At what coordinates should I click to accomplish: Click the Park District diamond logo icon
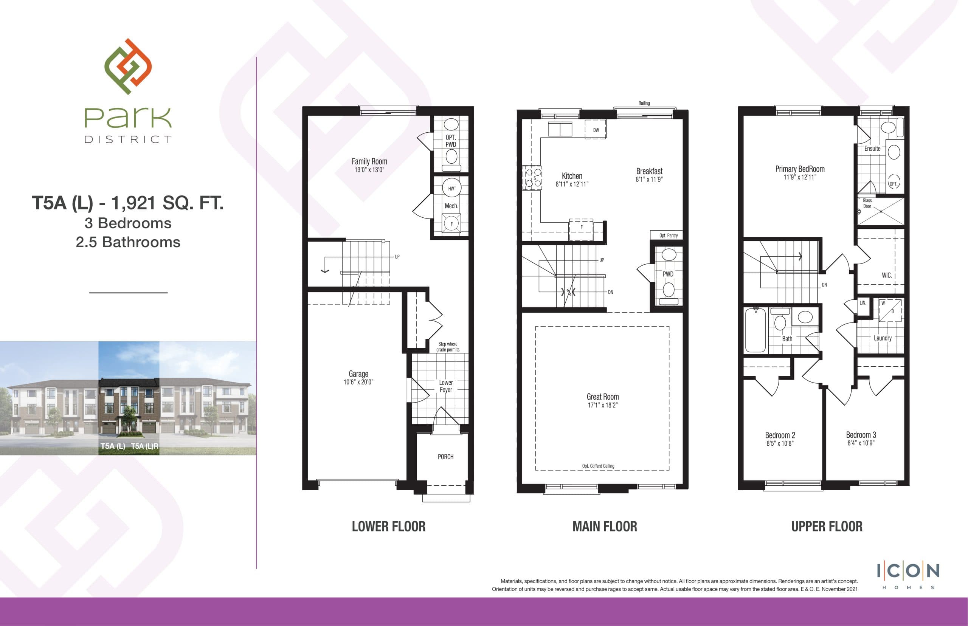click(x=128, y=67)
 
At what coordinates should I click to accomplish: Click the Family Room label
click(x=369, y=161)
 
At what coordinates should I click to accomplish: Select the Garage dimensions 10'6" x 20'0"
click(x=358, y=382)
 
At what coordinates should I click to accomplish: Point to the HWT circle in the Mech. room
click(x=452, y=189)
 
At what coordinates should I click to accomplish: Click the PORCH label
click(x=445, y=457)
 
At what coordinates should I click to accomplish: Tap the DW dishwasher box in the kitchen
click(x=596, y=130)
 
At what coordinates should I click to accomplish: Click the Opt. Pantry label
click(x=669, y=236)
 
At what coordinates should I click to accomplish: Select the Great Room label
click(x=602, y=397)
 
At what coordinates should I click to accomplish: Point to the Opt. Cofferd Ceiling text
click(x=598, y=466)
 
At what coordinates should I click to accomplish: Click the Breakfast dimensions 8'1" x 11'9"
click(x=649, y=180)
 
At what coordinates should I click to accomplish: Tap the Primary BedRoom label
click(x=800, y=169)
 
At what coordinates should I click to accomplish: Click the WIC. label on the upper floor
click(x=887, y=275)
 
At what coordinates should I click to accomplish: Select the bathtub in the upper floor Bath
click(x=755, y=330)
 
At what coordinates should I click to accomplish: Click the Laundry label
click(x=883, y=338)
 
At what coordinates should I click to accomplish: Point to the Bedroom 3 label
click(x=861, y=435)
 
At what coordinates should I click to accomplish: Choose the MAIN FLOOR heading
click(x=605, y=527)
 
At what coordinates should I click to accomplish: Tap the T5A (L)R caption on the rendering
click(x=145, y=446)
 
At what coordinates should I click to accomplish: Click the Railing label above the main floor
click(x=644, y=103)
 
